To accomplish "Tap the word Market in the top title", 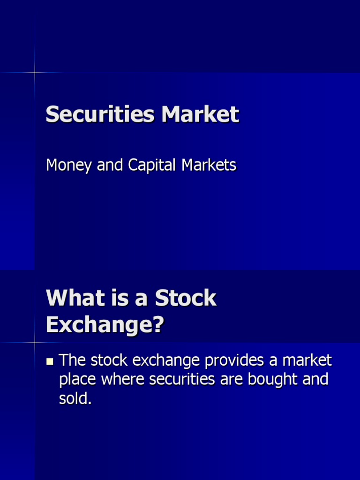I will pos(200,114).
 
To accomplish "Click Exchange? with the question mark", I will pos(105,324).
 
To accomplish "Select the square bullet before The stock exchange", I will pos(50,361).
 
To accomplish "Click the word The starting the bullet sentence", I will pos(73,360).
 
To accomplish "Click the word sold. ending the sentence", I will pos(75,398).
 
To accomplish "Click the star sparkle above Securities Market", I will pos(35,73).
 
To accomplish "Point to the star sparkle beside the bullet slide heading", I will pos(35,343).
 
